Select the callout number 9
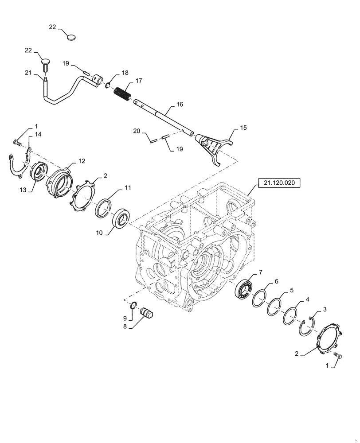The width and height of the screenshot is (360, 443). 125,318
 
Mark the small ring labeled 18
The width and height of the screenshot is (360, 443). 108,84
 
